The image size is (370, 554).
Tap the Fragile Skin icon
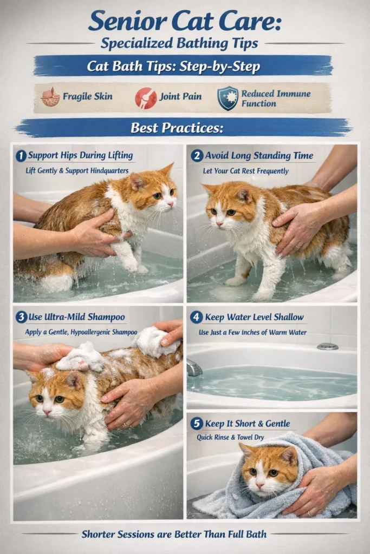coord(50,97)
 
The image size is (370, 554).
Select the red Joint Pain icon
coord(146,97)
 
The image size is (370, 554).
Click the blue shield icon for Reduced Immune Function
coord(228,98)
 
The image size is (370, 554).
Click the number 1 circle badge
coord(21,156)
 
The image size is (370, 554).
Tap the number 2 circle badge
coord(196,156)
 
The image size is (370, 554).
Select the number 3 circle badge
coord(21,317)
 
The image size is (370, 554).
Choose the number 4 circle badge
coord(196,317)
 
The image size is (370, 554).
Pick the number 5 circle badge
coord(196,424)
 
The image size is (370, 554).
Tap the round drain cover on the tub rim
coord(327,346)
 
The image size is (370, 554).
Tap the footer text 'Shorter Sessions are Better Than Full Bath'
coord(174,534)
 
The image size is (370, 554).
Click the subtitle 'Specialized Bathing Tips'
coord(185,43)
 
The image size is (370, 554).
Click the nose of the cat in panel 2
coord(219,223)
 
